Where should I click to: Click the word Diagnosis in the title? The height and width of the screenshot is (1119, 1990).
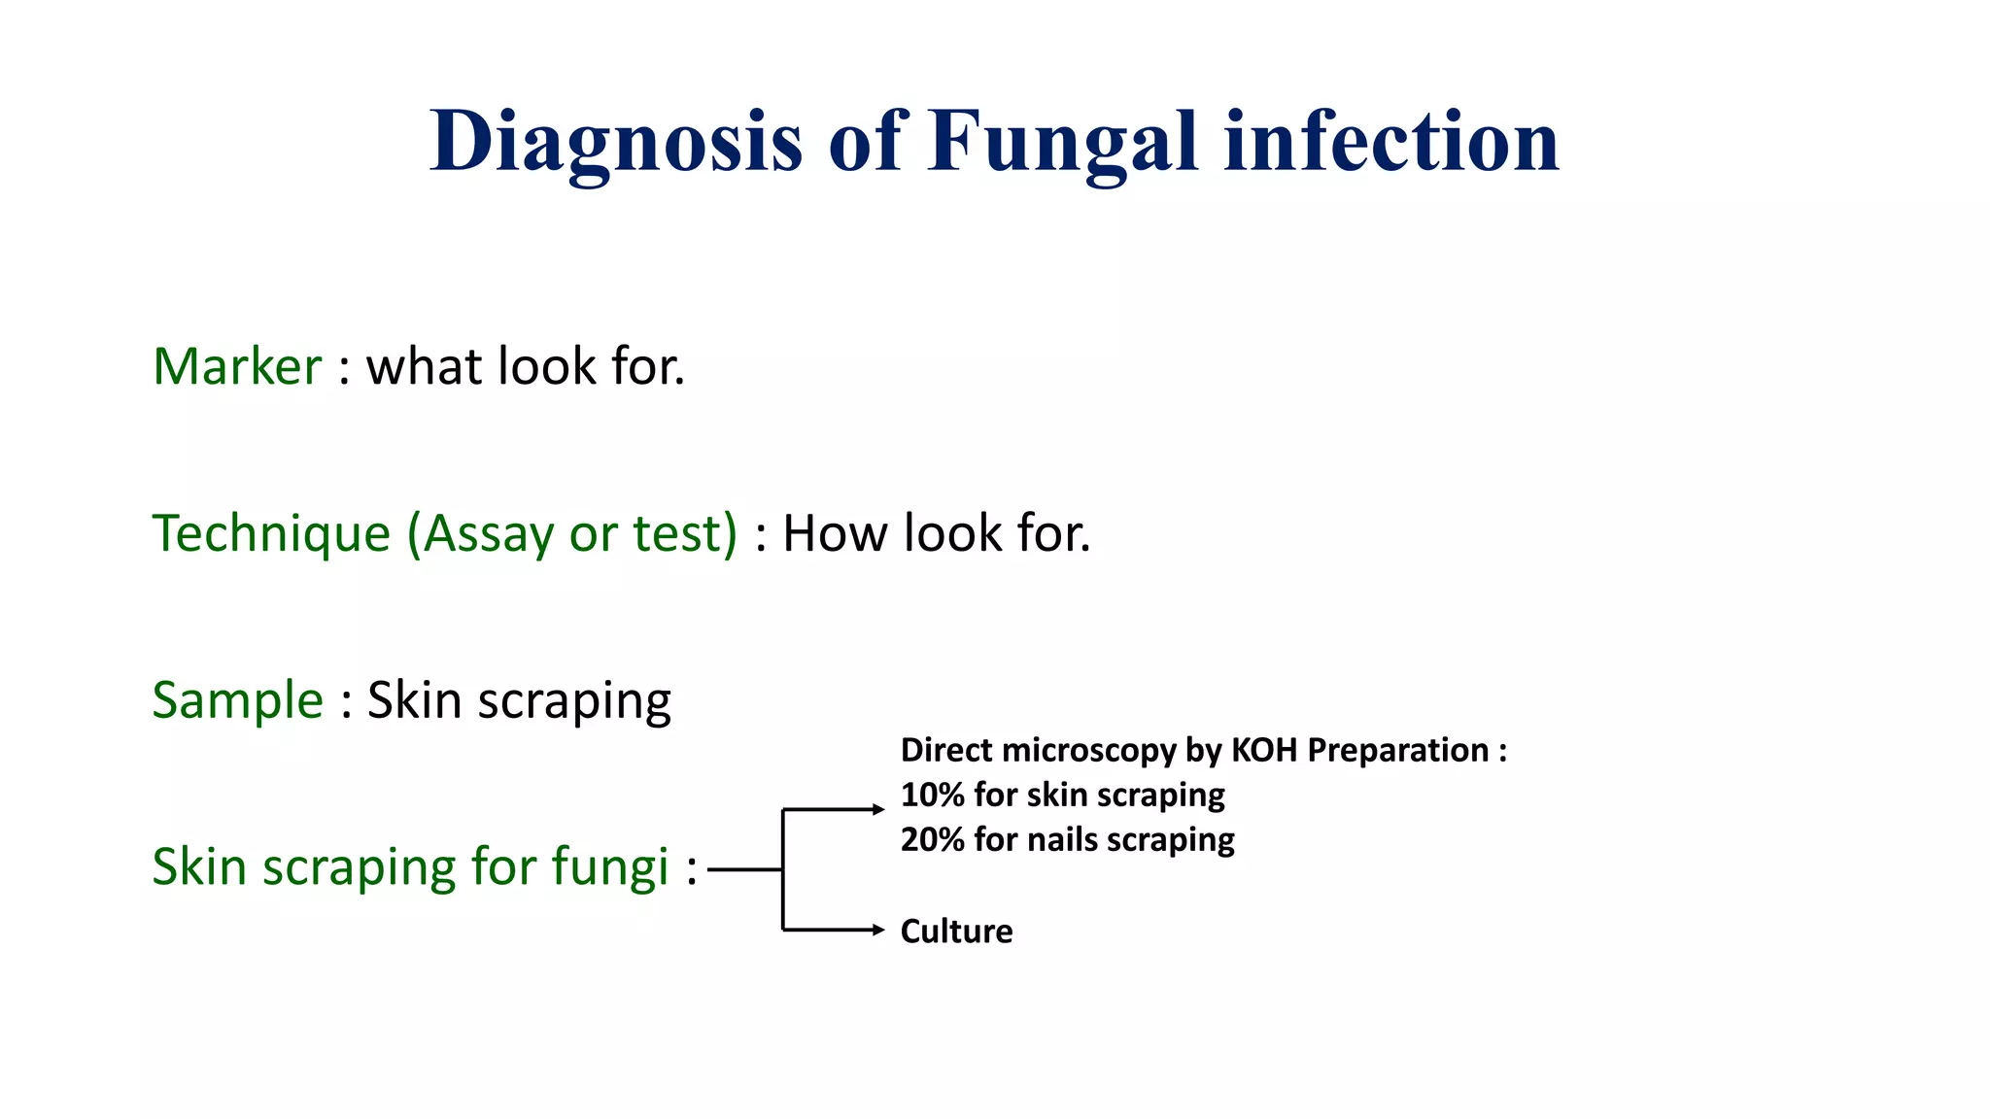[616, 142]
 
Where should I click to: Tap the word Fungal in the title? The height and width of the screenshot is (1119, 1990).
[1063, 142]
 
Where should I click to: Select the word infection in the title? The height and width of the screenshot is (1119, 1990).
[1391, 142]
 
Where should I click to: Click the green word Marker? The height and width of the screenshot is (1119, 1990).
[237, 366]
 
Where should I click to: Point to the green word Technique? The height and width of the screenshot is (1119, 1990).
[271, 533]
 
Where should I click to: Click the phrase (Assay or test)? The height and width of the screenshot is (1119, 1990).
[572, 533]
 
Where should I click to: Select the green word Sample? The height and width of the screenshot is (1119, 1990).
[237, 699]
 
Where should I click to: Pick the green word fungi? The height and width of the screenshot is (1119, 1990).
[610, 866]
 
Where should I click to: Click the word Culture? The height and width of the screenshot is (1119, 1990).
[956, 931]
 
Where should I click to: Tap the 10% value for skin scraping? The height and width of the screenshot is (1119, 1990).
[931, 795]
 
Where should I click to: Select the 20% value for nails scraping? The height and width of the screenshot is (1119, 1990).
[931, 839]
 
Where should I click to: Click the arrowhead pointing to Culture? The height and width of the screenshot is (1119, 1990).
[878, 931]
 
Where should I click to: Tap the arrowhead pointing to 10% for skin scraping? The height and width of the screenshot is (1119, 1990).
[878, 809]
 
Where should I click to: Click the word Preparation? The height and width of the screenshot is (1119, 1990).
[1397, 750]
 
